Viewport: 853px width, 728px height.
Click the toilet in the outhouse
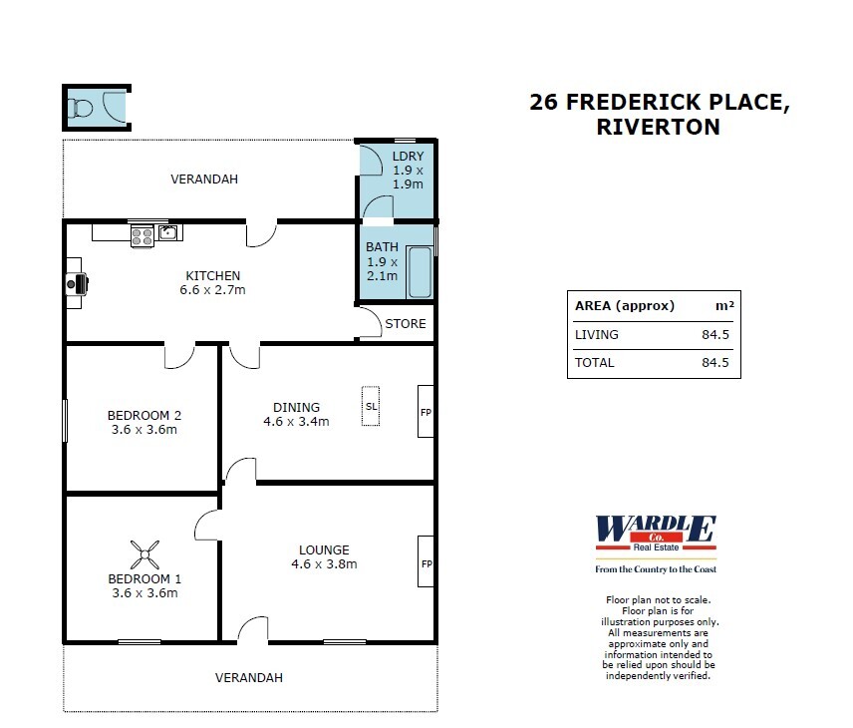(x=81, y=107)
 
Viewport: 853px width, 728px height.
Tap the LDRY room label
(x=408, y=157)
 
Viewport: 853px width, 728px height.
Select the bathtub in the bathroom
(x=420, y=272)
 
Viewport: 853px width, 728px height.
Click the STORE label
(x=406, y=324)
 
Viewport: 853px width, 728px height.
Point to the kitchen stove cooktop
(x=142, y=236)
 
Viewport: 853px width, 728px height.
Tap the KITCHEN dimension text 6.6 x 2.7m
(x=212, y=290)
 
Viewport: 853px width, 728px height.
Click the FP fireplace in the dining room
(x=426, y=411)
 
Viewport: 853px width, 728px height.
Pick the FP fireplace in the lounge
(x=426, y=563)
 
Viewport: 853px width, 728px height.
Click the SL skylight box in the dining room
(x=371, y=406)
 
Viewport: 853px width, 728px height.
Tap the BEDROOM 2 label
(x=143, y=416)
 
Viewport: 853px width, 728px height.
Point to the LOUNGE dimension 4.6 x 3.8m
(x=324, y=563)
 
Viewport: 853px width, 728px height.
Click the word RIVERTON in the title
(x=657, y=127)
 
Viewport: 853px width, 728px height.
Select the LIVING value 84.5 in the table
(x=715, y=335)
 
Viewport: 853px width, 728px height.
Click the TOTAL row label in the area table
(x=595, y=363)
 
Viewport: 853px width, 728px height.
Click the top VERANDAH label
(x=204, y=180)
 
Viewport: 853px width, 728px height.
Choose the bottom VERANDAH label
(x=249, y=677)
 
